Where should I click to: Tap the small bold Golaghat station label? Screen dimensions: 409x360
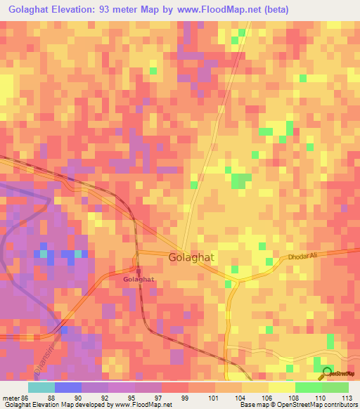[x=139, y=280]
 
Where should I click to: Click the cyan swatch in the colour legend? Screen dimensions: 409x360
[x=41, y=387]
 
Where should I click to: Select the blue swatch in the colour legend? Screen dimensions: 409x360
[x=67, y=387]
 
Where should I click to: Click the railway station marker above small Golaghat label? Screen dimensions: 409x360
[x=138, y=270]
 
